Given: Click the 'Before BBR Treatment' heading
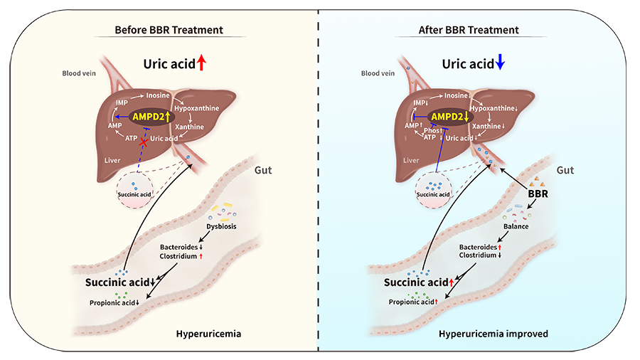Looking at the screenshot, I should (x=169, y=30).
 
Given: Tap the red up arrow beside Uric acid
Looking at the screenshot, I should (x=201, y=63).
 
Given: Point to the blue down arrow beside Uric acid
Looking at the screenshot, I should (x=500, y=63).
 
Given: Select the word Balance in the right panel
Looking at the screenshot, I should (x=516, y=226).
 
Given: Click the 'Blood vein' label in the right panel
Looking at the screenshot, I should (x=378, y=73).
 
